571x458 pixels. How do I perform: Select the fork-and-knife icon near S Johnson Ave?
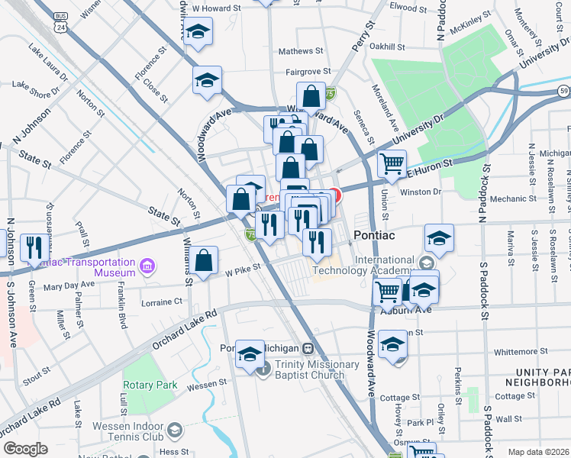point(32,247)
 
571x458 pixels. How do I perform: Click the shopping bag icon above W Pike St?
point(205,261)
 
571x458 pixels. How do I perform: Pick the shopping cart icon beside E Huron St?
point(392,163)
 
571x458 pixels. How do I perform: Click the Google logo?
point(25,449)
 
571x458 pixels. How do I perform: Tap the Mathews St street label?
point(300,51)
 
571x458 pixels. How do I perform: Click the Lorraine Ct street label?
point(162,302)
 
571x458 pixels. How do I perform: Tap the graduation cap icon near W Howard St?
point(198,32)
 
